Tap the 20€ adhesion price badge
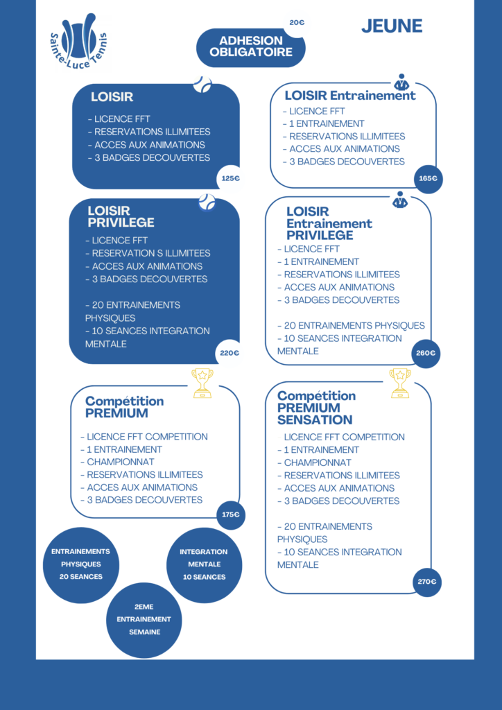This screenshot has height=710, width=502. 297,22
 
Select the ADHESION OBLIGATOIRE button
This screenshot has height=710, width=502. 251,48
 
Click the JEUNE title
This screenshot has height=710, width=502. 392,26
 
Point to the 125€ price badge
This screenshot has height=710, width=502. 230,178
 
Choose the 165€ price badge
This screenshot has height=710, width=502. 429,179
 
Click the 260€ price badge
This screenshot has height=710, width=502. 426,353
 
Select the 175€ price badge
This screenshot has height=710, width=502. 231,515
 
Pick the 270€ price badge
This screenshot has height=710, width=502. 427,582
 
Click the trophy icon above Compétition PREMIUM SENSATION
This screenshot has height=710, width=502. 400,383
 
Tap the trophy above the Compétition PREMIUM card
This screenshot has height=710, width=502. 202,383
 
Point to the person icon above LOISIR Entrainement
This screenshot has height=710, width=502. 401,82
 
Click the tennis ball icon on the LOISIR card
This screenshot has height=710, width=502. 202,84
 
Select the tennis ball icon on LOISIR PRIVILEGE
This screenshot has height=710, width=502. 207,202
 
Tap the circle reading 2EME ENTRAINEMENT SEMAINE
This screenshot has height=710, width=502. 144,620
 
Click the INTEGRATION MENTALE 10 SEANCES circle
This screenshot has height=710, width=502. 204,565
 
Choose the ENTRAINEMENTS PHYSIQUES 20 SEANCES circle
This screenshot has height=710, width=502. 81,565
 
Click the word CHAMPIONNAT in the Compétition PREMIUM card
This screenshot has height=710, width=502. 121,462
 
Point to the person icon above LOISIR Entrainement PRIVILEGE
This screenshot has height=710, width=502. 399,200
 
